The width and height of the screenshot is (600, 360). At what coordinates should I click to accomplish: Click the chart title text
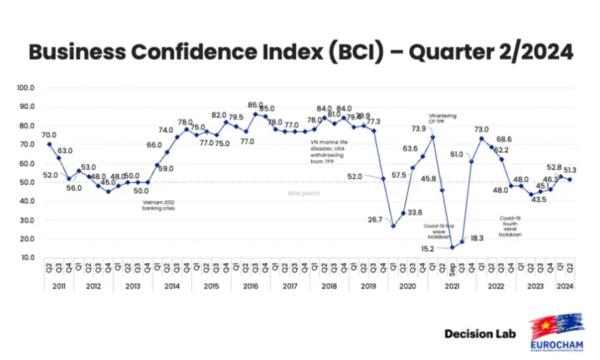point(301,52)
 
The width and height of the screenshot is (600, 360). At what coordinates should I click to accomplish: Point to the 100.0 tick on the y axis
point(26,88)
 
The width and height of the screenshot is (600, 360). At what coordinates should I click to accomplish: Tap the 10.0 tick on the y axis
point(27,258)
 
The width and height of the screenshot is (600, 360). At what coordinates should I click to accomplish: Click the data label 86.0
point(255,105)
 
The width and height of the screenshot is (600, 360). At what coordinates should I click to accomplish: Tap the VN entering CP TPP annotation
point(442,118)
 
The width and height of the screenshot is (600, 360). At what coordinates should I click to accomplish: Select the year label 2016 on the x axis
point(251,285)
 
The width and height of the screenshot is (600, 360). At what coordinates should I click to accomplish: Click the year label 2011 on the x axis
point(59,285)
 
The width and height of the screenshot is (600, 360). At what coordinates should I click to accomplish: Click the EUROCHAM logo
point(556,331)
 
